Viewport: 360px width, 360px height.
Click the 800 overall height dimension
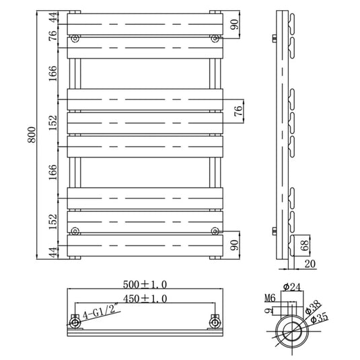click(32, 135)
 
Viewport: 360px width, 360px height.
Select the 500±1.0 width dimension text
click(145, 285)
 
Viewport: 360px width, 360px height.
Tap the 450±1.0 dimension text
click(145, 299)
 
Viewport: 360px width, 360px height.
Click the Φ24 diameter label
click(292, 287)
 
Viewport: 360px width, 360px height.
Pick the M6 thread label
click(270, 298)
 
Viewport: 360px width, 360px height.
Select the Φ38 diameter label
click(313, 308)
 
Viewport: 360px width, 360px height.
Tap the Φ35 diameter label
click(320, 318)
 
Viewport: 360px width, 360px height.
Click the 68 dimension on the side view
click(305, 246)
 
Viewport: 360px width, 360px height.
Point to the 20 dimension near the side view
click(310, 264)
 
